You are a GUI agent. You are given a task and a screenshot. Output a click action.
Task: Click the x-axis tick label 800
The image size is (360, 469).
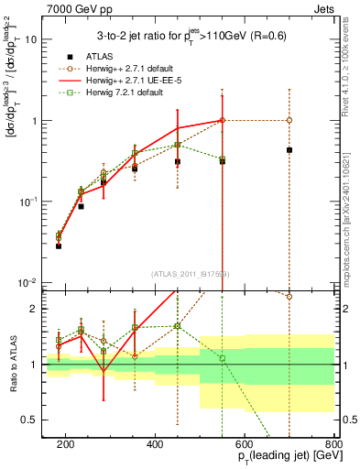(333, 443)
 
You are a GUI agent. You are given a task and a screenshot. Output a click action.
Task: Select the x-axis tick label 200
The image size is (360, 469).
(66, 443)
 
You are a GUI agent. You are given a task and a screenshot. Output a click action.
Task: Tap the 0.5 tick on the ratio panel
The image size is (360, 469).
(33, 420)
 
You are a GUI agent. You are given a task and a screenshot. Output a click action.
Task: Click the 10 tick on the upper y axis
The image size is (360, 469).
(33, 39)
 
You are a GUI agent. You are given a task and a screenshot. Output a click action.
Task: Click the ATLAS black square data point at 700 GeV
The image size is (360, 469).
(289, 150)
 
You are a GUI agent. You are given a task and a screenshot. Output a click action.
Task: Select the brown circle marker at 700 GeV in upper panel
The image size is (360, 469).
(289, 120)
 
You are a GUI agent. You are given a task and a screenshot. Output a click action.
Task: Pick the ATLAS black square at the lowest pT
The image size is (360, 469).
(59, 246)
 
